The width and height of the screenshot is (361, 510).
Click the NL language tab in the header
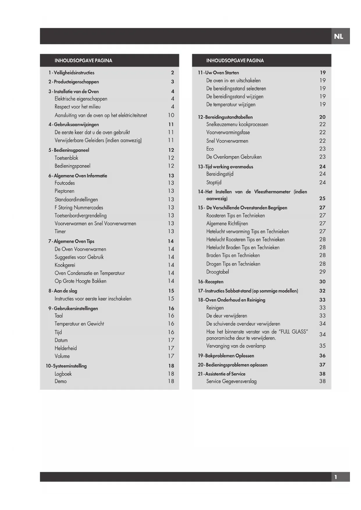coord(339,36)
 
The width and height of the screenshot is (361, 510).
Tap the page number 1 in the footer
coord(336,477)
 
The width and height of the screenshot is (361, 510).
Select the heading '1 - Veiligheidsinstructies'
coord(71,73)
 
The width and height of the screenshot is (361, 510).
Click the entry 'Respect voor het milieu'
coord(77,107)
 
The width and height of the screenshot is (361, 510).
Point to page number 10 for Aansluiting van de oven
coord(171,115)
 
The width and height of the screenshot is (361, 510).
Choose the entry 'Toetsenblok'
coord(66,158)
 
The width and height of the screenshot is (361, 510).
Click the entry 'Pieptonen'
coord(64,191)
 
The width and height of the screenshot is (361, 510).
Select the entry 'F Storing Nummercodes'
coord(79,207)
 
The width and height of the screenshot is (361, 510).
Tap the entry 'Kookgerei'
coord(65,265)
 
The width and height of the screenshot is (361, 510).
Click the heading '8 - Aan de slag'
coord(63,291)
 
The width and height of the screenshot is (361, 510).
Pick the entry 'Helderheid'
coord(66,348)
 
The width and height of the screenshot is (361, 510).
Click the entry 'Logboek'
coord(63,374)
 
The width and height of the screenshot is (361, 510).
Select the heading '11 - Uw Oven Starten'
coord(218,73)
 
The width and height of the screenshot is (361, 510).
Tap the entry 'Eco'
coord(210,149)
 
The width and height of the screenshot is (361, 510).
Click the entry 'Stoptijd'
coord(214,182)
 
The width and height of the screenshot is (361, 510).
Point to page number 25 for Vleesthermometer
coord(322,198)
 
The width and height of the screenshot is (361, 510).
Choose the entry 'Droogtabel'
coord(218,272)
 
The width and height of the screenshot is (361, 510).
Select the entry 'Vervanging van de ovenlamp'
coord(236,346)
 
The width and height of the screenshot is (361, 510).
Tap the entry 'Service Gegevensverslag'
coord(231,381)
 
